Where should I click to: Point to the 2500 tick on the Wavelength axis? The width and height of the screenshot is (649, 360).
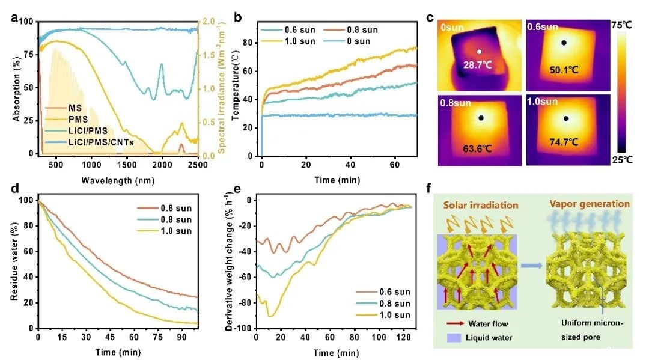tap(197, 164)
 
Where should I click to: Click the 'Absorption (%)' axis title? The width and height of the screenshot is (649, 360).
tap(17, 87)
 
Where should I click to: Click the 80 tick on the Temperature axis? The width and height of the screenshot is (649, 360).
tap(252, 42)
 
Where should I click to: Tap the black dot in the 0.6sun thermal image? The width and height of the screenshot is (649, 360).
tap(564, 43)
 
